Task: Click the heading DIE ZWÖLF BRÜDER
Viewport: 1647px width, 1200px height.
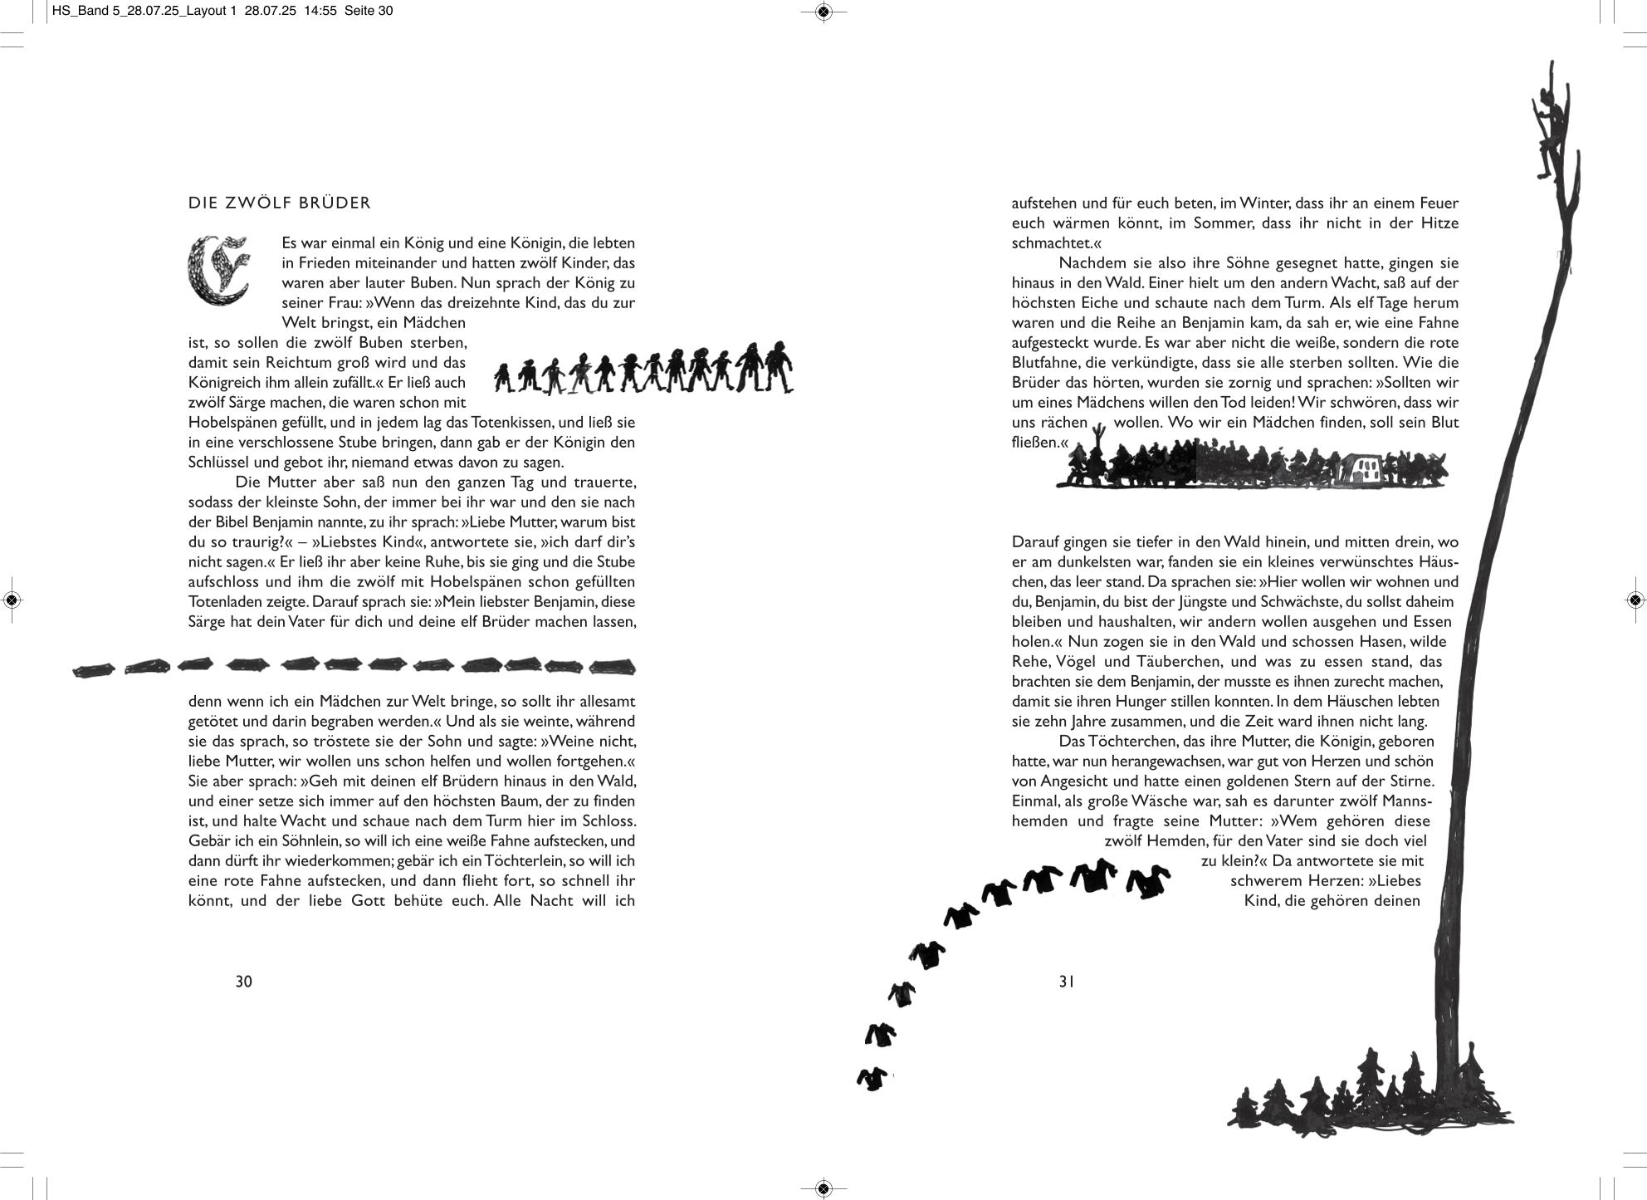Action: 280,203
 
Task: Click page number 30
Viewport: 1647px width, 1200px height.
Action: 243,982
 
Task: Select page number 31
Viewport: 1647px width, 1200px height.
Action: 1067,982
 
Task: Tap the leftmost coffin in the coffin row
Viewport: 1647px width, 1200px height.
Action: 92,669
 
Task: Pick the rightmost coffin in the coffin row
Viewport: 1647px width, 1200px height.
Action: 613,667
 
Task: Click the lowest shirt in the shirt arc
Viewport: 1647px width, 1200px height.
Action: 871,1079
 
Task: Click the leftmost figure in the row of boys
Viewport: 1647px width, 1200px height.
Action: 504,378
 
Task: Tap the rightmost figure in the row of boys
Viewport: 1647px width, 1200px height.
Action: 778,367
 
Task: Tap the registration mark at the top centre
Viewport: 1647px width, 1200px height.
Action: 823,12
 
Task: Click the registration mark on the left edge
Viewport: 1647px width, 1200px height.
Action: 12,600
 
